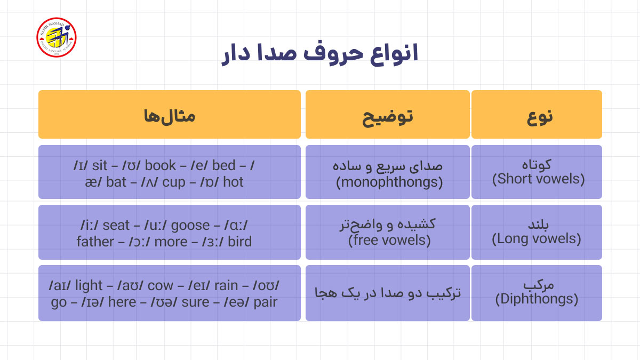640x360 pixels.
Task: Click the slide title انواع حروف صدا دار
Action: point(319,54)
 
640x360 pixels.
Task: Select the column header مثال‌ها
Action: point(169,115)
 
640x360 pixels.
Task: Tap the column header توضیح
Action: point(388,115)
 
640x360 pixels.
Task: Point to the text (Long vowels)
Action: point(536,238)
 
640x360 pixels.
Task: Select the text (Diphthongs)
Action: point(537,299)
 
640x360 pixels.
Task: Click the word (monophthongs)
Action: point(389,182)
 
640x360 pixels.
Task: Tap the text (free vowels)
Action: point(389,241)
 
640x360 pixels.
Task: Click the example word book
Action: point(160,165)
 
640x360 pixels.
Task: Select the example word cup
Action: point(174,182)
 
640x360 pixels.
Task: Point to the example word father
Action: point(95,242)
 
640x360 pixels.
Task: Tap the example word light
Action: point(89,286)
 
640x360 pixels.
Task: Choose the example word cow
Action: point(161,286)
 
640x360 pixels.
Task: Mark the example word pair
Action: point(266,302)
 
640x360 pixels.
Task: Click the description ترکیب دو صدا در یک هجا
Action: point(388,293)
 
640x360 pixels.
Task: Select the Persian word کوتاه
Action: point(537,164)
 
